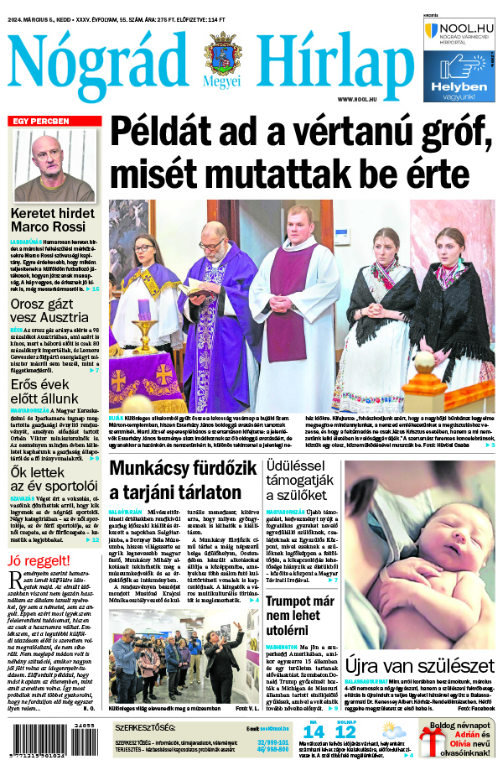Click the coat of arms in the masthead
coord(221,55)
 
